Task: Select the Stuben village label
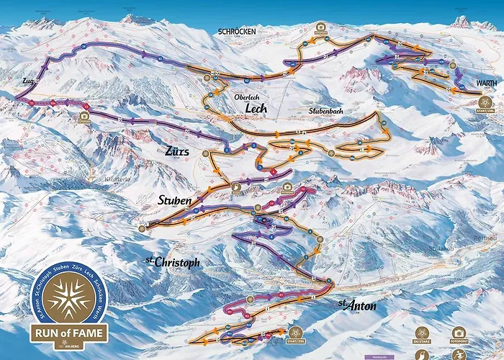pos(174,199)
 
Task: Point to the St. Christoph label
pos(172,263)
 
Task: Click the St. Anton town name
pos(357,306)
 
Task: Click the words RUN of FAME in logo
pos(69,333)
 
